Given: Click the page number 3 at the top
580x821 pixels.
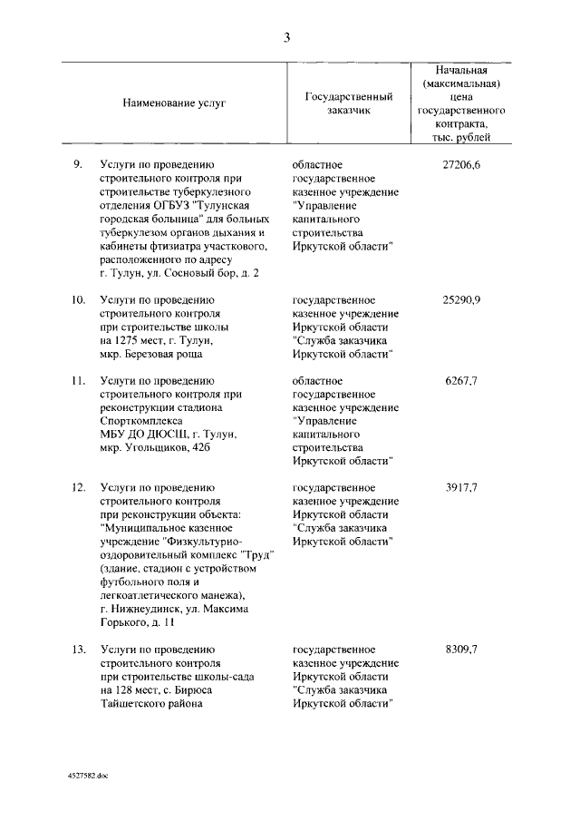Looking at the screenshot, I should pyautogui.click(x=286, y=37).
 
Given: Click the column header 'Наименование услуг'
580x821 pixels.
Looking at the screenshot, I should pyautogui.click(x=174, y=103).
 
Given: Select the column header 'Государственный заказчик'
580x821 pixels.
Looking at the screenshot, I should pyautogui.click(x=348, y=103).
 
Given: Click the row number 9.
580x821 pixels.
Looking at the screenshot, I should pyautogui.click(x=78, y=164).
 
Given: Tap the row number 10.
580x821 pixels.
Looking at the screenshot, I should pyautogui.click(x=78, y=298).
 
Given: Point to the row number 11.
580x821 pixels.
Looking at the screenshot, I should pyautogui.click(x=78, y=380).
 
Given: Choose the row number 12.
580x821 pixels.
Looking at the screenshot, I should pyautogui.click(x=78, y=487).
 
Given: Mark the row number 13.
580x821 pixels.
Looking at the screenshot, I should pyautogui.click(x=78, y=650).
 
